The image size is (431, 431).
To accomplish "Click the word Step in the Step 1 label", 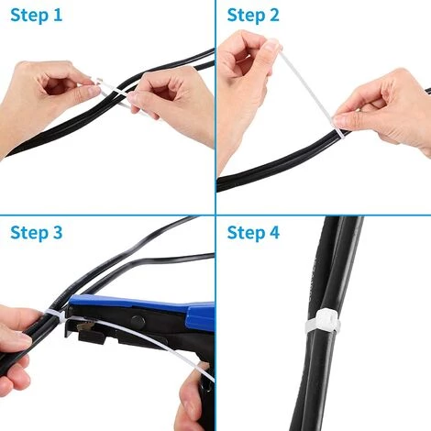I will click(x=29, y=16).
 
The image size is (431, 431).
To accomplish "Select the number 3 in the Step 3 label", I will click(x=59, y=232).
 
